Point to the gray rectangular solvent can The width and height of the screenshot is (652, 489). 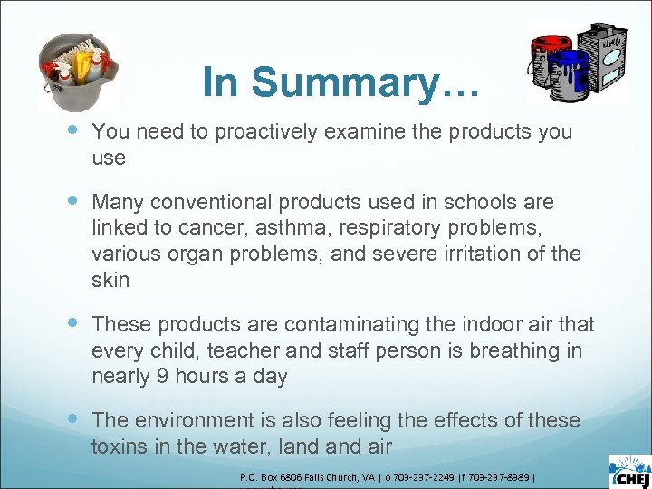[604, 57]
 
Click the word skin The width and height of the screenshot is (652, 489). [110, 281]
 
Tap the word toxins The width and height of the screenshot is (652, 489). [119, 446]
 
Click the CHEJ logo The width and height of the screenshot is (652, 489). [628, 471]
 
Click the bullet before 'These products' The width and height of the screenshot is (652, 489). [72, 324]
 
